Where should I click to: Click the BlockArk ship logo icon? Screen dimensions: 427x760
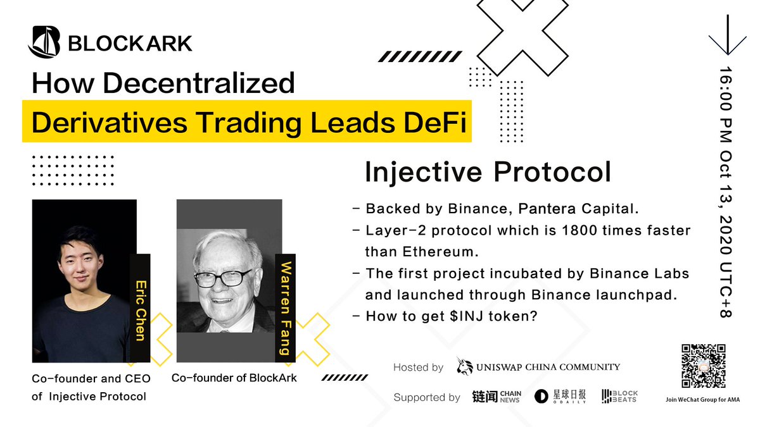[44, 42]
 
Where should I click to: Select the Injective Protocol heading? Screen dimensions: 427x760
[488, 172]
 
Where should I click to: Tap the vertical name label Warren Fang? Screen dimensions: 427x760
[286, 307]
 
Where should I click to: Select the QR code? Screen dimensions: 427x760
[702, 366]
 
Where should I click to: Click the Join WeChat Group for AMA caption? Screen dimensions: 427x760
[702, 400]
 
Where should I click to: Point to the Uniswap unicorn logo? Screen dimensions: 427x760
[464, 366]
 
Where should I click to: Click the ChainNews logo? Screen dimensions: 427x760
[496, 397]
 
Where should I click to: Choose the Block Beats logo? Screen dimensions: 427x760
[619, 397]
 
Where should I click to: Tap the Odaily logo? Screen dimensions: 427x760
[560, 397]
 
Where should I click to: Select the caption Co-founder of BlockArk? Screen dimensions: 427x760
[234, 378]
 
